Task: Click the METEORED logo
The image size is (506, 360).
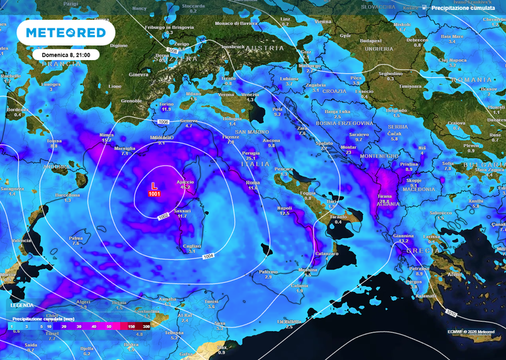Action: [x=66, y=33]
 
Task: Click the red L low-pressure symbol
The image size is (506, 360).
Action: [x=154, y=187]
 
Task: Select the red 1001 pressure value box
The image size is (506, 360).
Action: [x=154, y=195]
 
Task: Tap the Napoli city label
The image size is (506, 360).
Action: [x=285, y=208]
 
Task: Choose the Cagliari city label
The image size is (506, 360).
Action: [x=191, y=246]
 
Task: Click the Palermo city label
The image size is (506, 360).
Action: [x=267, y=272]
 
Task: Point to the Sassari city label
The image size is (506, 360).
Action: [x=182, y=210]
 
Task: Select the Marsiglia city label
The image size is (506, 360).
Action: [x=125, y=148]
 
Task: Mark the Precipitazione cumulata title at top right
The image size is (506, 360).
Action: [x=462, y=9]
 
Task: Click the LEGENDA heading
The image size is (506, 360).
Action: [x=22, y=306]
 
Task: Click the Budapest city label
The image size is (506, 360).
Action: [x=379, y=40]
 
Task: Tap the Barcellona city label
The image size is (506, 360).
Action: [x=68, y=195]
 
